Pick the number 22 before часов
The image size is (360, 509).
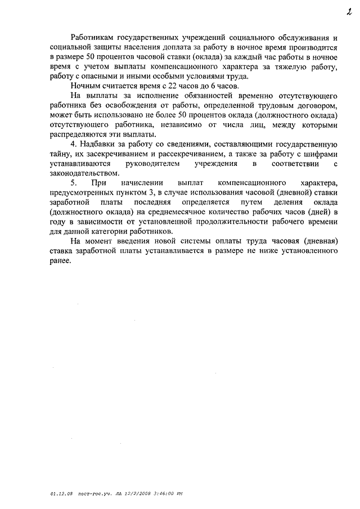click(166, 87)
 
